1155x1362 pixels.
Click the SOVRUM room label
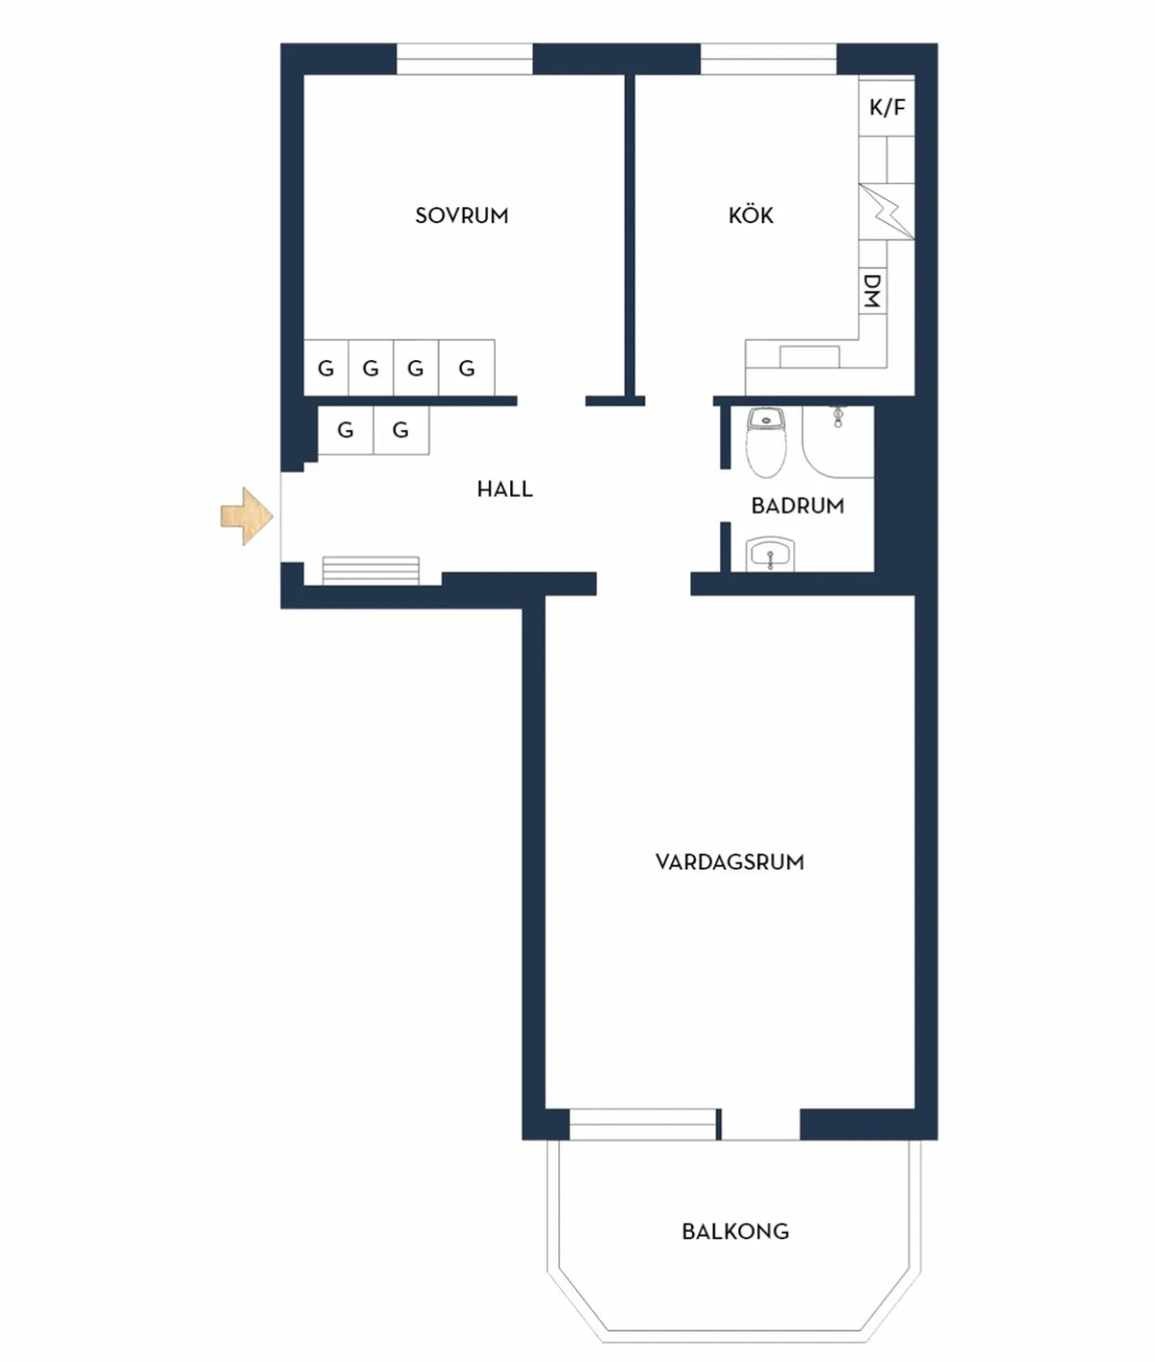pos(461,216)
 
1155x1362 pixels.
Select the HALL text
pos(504,489)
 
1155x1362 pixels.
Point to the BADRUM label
pos(797,505)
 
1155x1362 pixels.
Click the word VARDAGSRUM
pos(730,861)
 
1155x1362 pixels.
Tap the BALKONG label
pos(735,1231)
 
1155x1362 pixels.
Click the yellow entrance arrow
pos(246,516)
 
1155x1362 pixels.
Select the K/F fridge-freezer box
pos(886,108)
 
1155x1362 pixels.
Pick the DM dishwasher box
pos(872,290)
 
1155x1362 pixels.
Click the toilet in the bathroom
pos(766,442)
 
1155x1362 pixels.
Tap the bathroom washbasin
pos(770,553)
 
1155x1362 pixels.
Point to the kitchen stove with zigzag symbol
pos(886,212)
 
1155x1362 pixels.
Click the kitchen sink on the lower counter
pos(809,356)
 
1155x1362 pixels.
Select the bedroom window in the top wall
pos(465,59)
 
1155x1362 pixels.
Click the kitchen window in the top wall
pos(768,59)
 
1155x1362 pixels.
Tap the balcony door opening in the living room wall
pos(761,1124)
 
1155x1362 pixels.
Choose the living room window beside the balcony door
pos(642,1124)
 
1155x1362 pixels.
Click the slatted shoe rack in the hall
pos(371,571)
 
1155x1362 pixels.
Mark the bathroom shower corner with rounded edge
pos(838,442)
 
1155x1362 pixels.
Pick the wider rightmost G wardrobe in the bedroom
pos(467,368)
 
